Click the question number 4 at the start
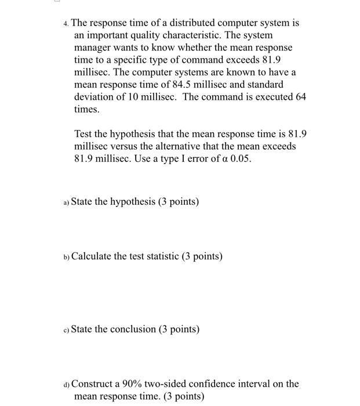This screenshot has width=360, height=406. click(66, 24)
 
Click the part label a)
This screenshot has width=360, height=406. click(66, 202)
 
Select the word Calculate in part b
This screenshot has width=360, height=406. click(92, 256)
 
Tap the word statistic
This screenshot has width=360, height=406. click(157, 256)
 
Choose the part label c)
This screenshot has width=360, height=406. click(66, 330)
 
